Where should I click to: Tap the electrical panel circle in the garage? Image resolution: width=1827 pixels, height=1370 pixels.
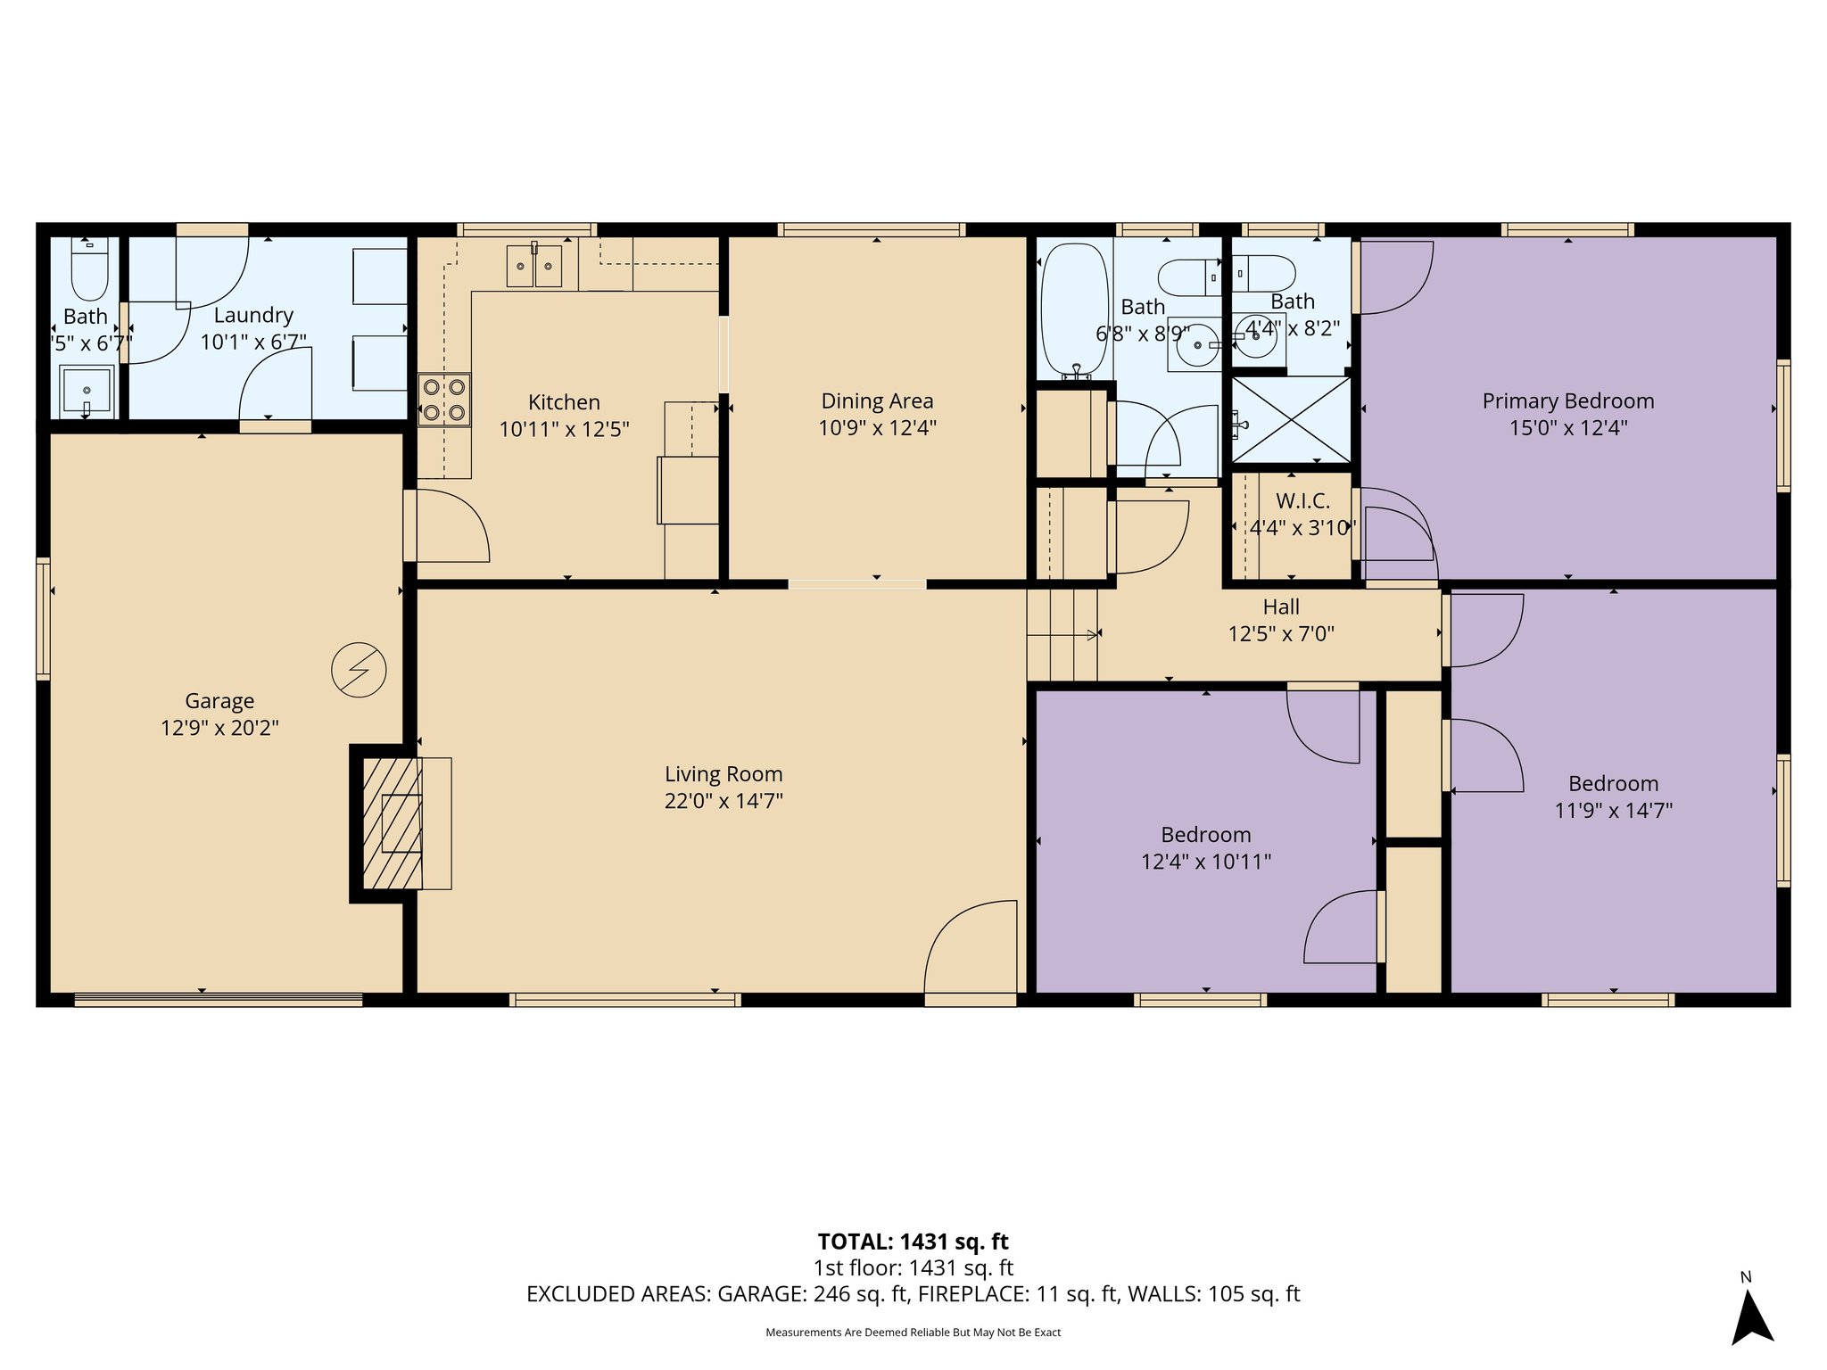(x=359, y=670)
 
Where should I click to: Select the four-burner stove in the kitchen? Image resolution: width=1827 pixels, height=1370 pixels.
(x=444, y=400)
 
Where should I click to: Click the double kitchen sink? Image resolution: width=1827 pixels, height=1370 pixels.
(x=534, y=266)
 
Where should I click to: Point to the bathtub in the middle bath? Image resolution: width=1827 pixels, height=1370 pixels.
(x=1074, y=309)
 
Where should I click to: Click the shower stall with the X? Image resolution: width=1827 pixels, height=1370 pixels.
(x=1292, y=419)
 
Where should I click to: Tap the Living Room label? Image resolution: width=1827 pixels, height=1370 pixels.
(x=723, y=774)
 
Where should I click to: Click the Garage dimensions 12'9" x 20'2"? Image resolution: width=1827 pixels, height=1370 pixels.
(x=219, y=728)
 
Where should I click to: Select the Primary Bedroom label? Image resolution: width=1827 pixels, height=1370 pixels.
(x=1567, y=401)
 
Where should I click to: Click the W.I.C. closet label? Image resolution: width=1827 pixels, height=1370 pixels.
(x=1302, y=501)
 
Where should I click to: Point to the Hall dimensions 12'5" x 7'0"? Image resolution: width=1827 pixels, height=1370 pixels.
(x=1280, y=634)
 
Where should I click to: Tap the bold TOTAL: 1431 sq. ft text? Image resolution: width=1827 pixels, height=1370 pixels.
(x=913, y=1242)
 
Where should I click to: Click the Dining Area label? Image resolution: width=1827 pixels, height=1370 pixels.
(x=877, y=401)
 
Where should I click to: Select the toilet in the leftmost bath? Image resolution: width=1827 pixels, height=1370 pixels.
(x=88, y=268)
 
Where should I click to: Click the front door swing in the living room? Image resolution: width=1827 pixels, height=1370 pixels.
(x=971, y=950)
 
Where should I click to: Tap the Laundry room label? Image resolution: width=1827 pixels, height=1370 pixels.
(x=253, y=315)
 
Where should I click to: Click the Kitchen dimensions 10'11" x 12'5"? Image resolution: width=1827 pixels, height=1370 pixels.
(x=564, y=429)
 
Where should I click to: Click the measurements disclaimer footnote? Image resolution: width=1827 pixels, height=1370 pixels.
(x=913, y=1333)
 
